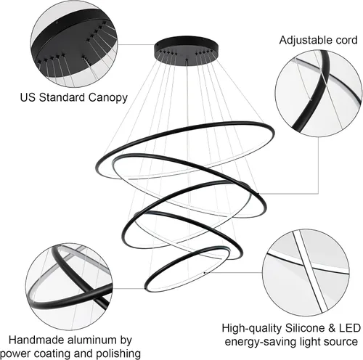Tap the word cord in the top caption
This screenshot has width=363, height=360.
point(344,40)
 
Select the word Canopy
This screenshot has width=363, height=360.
point(107,98)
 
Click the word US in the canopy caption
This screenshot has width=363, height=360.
point(28,97)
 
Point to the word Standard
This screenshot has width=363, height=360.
point(62,97)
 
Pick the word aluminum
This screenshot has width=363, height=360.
point(93,340)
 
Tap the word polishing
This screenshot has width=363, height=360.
point(118,354)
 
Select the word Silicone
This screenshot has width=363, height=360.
point(305,328)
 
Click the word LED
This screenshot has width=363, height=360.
point(350,328)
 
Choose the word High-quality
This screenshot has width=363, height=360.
point(252,329)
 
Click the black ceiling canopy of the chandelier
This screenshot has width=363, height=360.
point(186,51)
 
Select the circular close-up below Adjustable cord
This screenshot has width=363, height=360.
point(319,94)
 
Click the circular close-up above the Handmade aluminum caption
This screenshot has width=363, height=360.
point(69,287)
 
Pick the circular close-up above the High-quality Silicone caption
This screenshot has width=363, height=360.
point(306,273)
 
